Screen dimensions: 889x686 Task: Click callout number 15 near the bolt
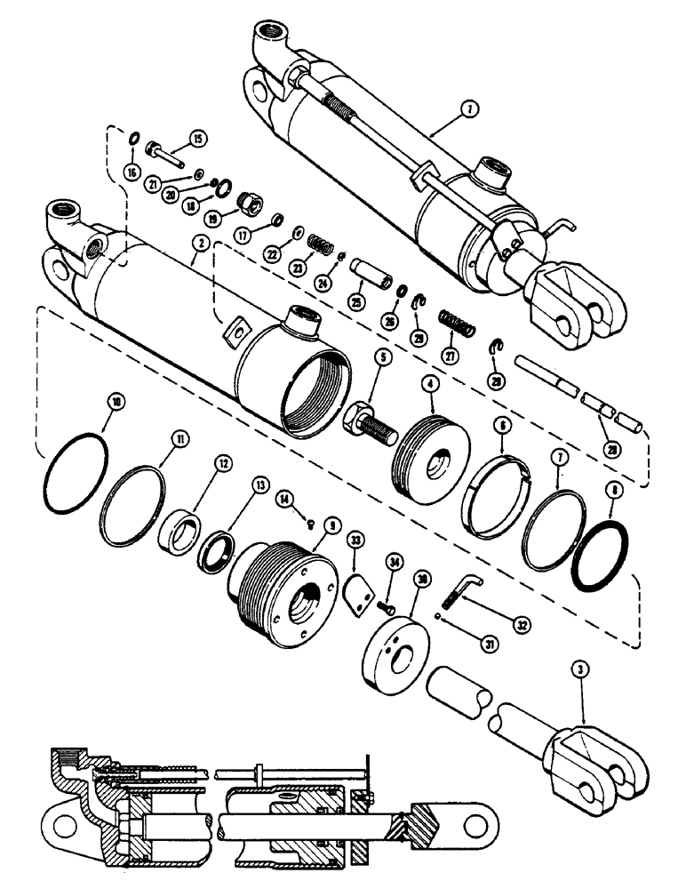[197, 138]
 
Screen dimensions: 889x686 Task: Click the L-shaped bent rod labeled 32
[468, 589]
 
